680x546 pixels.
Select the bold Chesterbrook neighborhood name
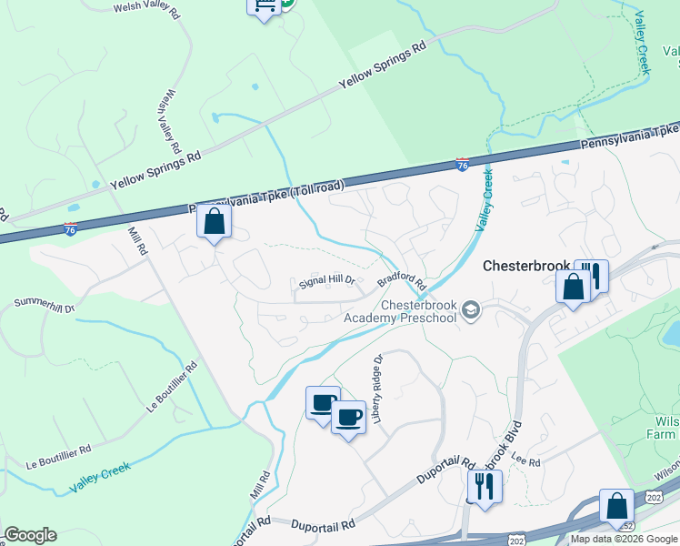pos(525,267)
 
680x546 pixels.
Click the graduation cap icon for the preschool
pos(470,311)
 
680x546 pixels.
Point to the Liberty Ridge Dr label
pos(378,381)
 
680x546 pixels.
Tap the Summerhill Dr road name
pos(44,305)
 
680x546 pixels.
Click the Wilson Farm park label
pos(665,429)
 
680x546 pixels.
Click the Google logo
pos(30,535)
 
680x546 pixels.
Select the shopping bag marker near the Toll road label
pos(214,223)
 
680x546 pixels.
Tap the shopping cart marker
pos(264,7)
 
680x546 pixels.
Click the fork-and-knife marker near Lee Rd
pos(485,486)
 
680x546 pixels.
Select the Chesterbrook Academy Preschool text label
pos(401,311)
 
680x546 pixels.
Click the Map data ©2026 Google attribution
pos(624,539)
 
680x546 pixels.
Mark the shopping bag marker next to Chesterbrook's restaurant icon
pos(574,288)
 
